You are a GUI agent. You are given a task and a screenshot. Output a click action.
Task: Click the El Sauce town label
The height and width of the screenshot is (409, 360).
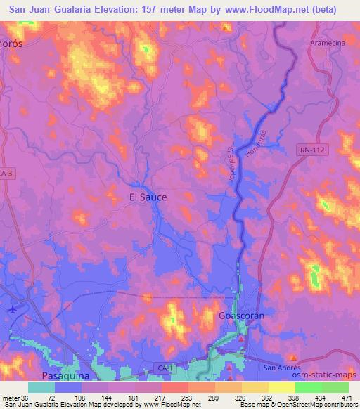(x=148, y=197)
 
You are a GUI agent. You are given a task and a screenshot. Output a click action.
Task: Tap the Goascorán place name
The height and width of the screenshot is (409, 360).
(x=241, y=316)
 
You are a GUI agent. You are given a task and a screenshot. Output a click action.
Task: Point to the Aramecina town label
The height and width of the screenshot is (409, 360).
(x=328, y=43)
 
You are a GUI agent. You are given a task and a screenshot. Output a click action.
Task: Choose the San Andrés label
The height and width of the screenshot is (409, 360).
(x=281, y=368)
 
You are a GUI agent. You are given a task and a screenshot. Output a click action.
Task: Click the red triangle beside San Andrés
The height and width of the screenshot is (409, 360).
(x=294, y=358)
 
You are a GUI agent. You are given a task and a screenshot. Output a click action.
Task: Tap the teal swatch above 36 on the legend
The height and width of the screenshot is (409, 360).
(x=41, y=387)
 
